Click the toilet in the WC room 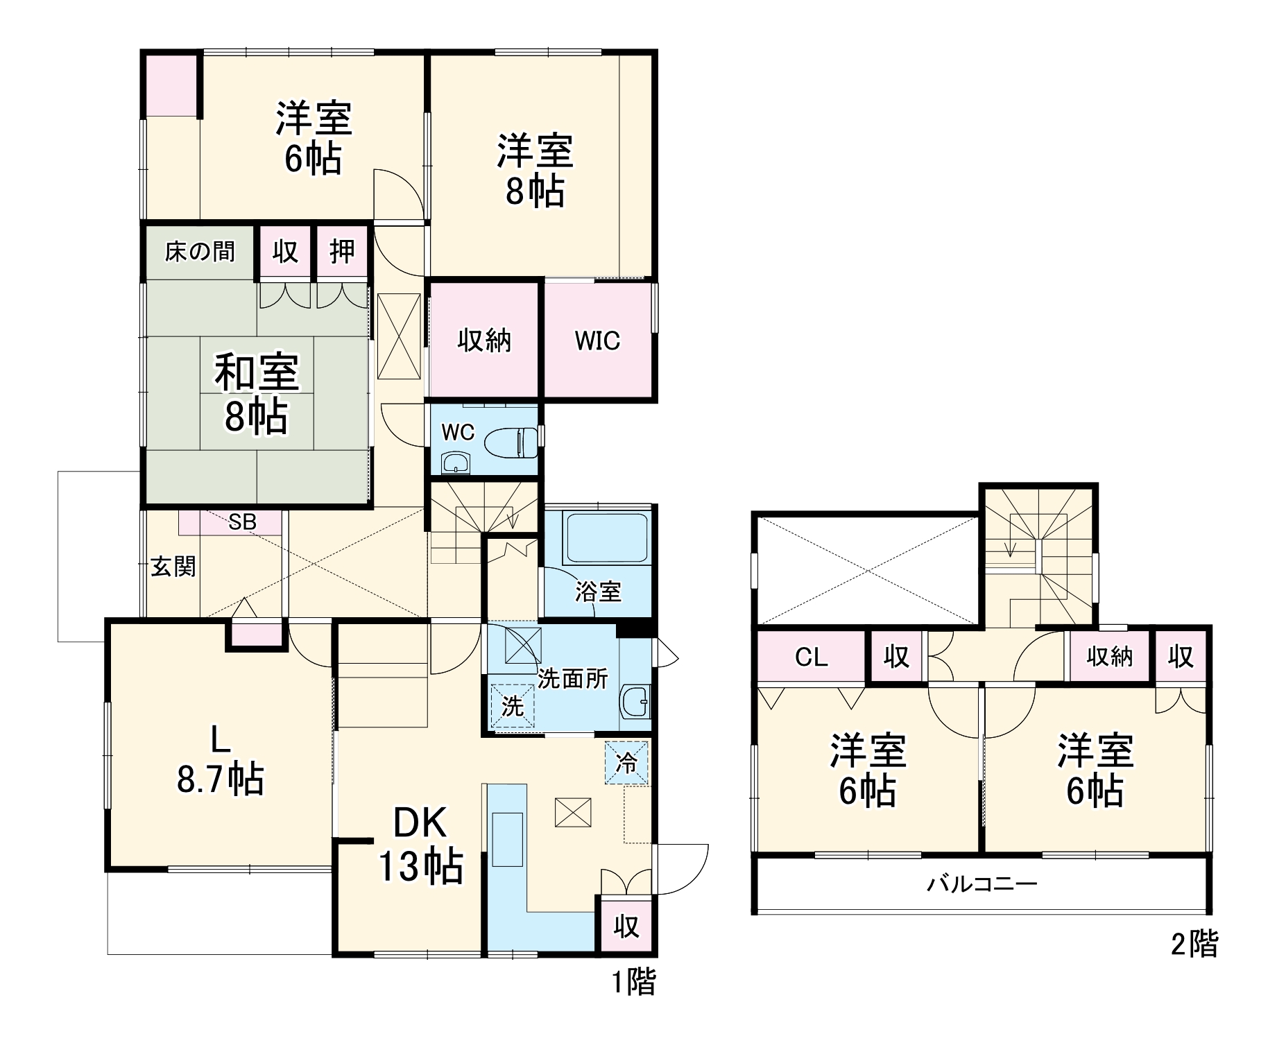tap(511, 442)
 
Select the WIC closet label tap(597, 341)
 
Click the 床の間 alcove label tap(200, 252)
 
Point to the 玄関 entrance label tap(173, 567)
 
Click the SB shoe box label tap(242, 521)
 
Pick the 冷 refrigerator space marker tap(626, 764)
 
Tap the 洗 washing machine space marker tap(513, 707)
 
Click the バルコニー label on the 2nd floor tap(982, 884)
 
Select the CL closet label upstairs tap(811, 656)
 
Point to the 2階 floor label tap(1194, 944)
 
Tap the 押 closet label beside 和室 tap(342, 252)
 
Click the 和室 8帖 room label tap(256, 394)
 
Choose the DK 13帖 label tap(420, 844)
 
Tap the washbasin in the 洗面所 tap(635, 702)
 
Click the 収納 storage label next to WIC tap(484, 341)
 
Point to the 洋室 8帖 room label tap(535, 171)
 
